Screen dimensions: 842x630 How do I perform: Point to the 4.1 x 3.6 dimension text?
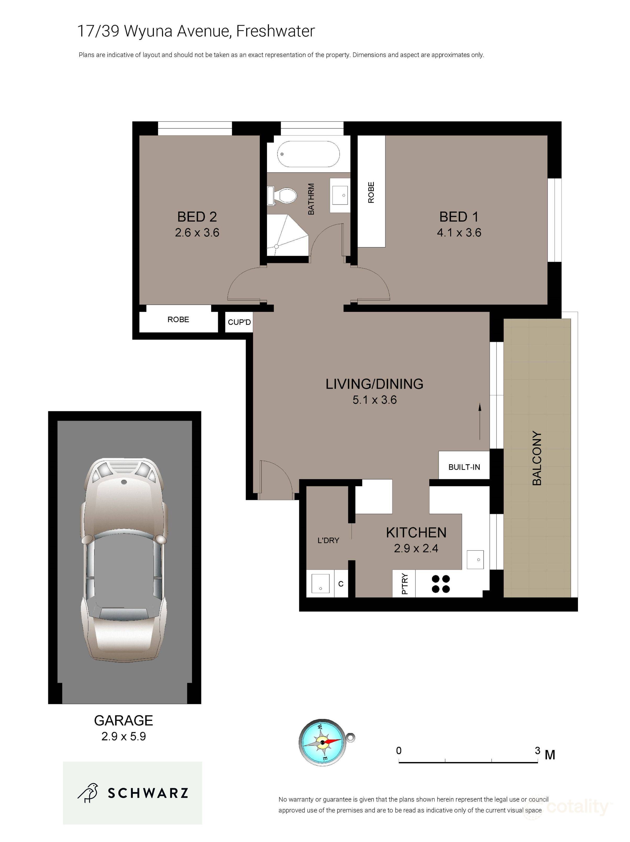[459, 232]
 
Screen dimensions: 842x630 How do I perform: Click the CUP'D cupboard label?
[239, 322]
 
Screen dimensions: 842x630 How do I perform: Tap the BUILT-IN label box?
[464, 467]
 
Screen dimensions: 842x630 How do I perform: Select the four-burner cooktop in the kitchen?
[440, 584]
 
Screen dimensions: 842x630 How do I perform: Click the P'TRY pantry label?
[404, 584]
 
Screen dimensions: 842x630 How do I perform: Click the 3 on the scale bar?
[537, 750]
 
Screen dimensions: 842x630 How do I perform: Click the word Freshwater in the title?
[276, 31]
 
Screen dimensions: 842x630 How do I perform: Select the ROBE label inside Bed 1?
[371, 192]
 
